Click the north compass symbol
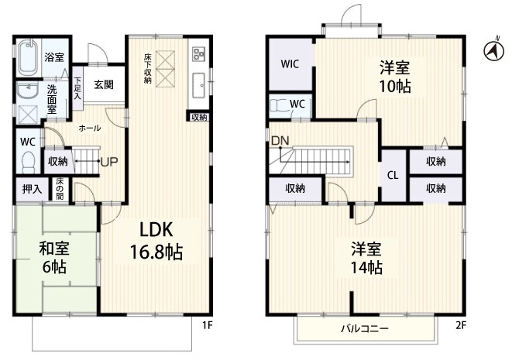493,51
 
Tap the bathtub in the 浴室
28,59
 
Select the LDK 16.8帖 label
156,240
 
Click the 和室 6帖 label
54,258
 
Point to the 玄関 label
104,84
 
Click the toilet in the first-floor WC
29,163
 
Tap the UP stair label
109,161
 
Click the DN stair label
280,141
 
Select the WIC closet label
290,64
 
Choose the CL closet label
393,176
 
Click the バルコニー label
365,328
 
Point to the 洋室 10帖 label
394,77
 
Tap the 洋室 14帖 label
366,259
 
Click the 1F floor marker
208,325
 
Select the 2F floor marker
460,325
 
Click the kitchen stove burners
198,54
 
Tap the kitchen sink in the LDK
198,85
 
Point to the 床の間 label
60,189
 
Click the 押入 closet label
32,189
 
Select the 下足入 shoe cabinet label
77,88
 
